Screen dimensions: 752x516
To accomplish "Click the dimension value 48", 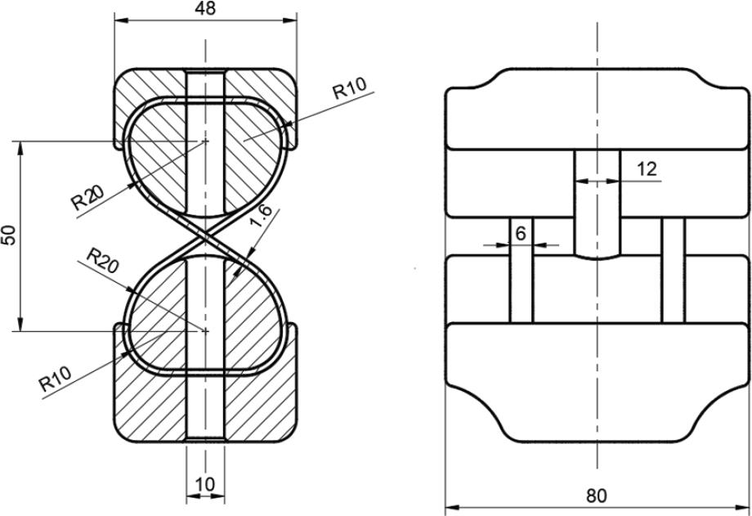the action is click(x=205, y=9).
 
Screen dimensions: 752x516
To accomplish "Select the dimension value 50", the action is click(x=10, y=236).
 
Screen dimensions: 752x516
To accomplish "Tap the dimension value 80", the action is click(x=596, y=496).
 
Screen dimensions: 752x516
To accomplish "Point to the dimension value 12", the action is click(x=647, y=169).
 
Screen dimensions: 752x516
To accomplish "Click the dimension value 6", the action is click(x=521, y=234).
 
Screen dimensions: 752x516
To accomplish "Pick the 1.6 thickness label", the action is click(x=262, y=216).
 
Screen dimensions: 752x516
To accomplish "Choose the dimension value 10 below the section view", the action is click(x=205, y=485).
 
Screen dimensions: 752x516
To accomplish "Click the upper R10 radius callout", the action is click(x=350, y=87).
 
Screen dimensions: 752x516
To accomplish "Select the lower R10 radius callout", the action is click(x=55, y=379).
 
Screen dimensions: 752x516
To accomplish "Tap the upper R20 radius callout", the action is click(x=87, y=198).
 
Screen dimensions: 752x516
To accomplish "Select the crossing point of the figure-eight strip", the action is click(x=205, y=236).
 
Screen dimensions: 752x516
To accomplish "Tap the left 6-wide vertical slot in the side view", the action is click(x=521, y=270).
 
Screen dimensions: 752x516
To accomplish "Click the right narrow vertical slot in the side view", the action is click(x=674, y=270).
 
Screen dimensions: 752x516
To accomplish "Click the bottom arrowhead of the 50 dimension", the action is click(x=20, y=324).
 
